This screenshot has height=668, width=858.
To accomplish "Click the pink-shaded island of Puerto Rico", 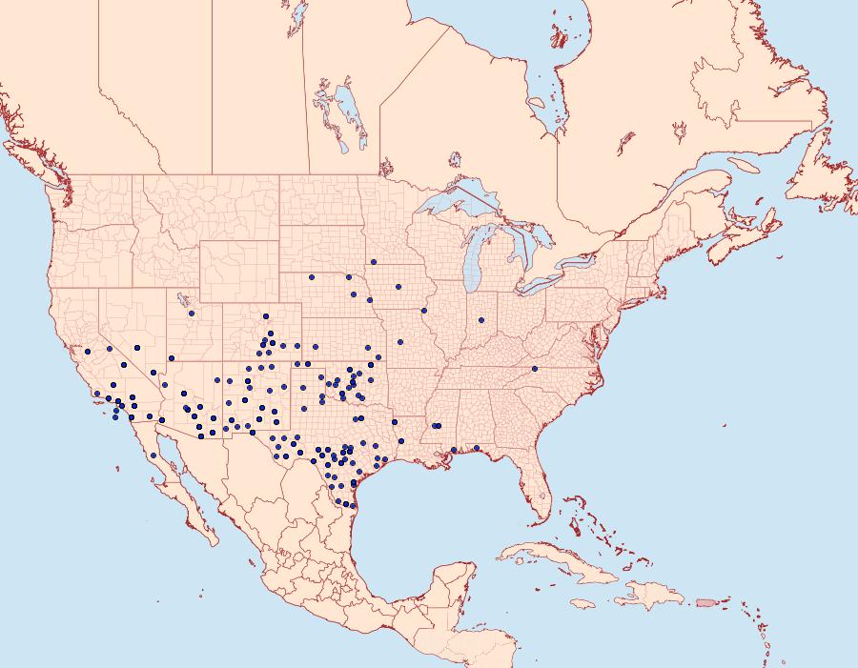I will (706, 601).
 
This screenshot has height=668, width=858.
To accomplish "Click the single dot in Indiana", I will (481, 320).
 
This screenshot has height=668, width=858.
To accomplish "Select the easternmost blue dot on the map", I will (535, 368).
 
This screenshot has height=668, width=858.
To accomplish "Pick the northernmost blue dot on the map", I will (374, 261).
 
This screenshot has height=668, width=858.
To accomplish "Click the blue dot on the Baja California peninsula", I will (153, 455).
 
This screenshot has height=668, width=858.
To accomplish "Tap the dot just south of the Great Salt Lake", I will (192, 313).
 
